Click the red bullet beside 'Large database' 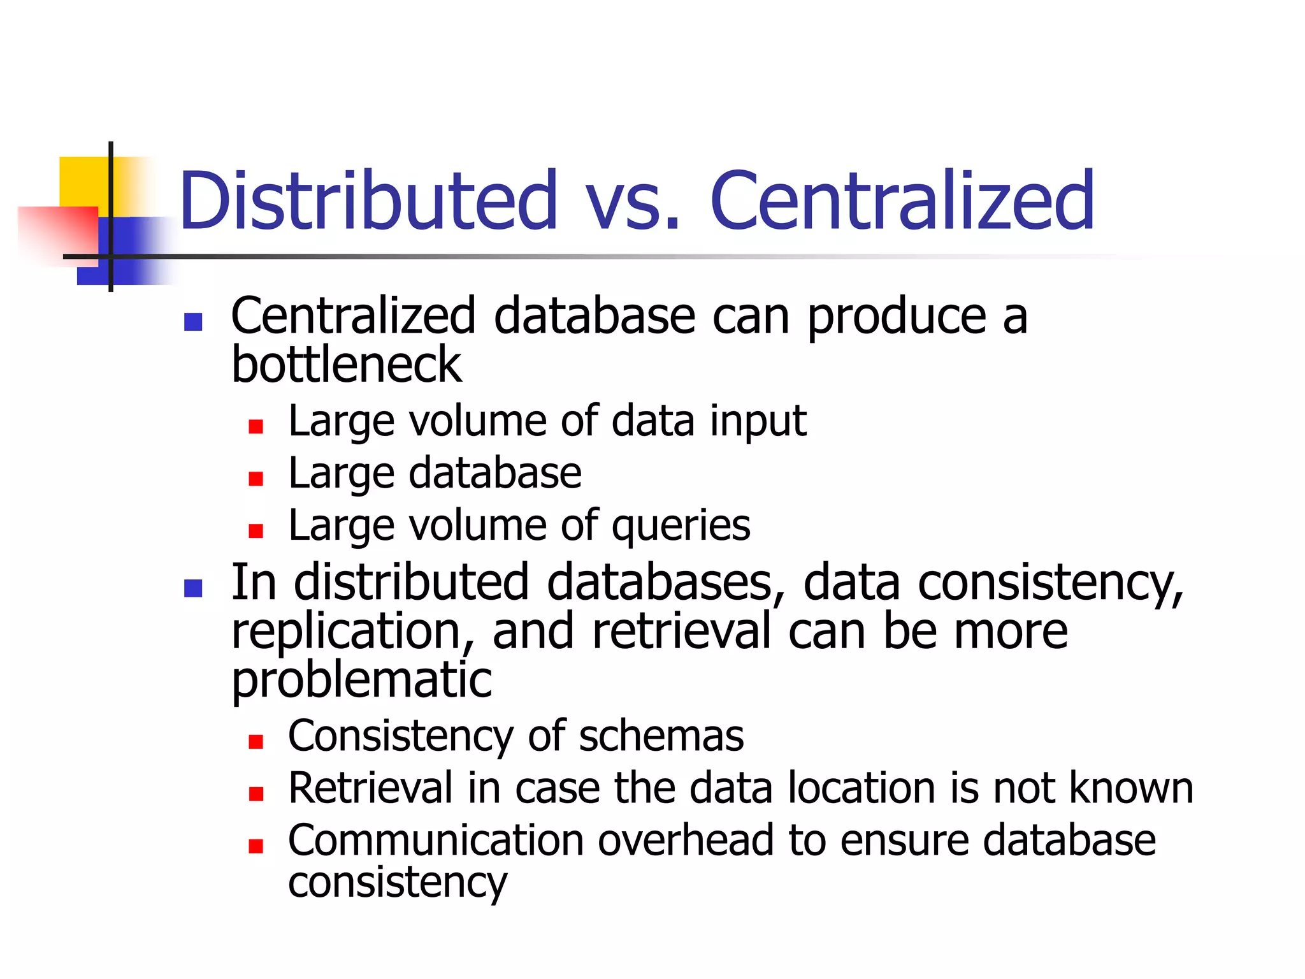point(256,479)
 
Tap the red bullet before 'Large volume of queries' point(256,531)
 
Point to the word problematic point(361,681)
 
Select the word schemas point(661,736)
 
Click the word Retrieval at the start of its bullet point(370,788)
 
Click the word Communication point(436,841)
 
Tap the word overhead point(685,841)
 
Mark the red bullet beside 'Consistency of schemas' point(256,741)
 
